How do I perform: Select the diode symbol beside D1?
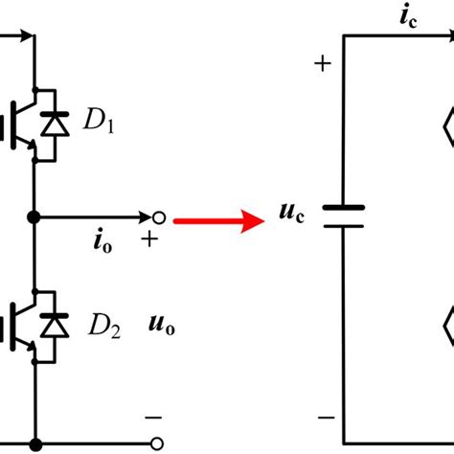click(x=59, y=124)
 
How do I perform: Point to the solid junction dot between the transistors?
click(x=35, y=216)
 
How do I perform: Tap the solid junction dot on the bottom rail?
click(x=35, y=443)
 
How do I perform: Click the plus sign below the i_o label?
click(x=150, y=239)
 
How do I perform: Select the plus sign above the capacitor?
click(x=323, y=65)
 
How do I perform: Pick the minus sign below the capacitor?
click(x=323, y=417)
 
